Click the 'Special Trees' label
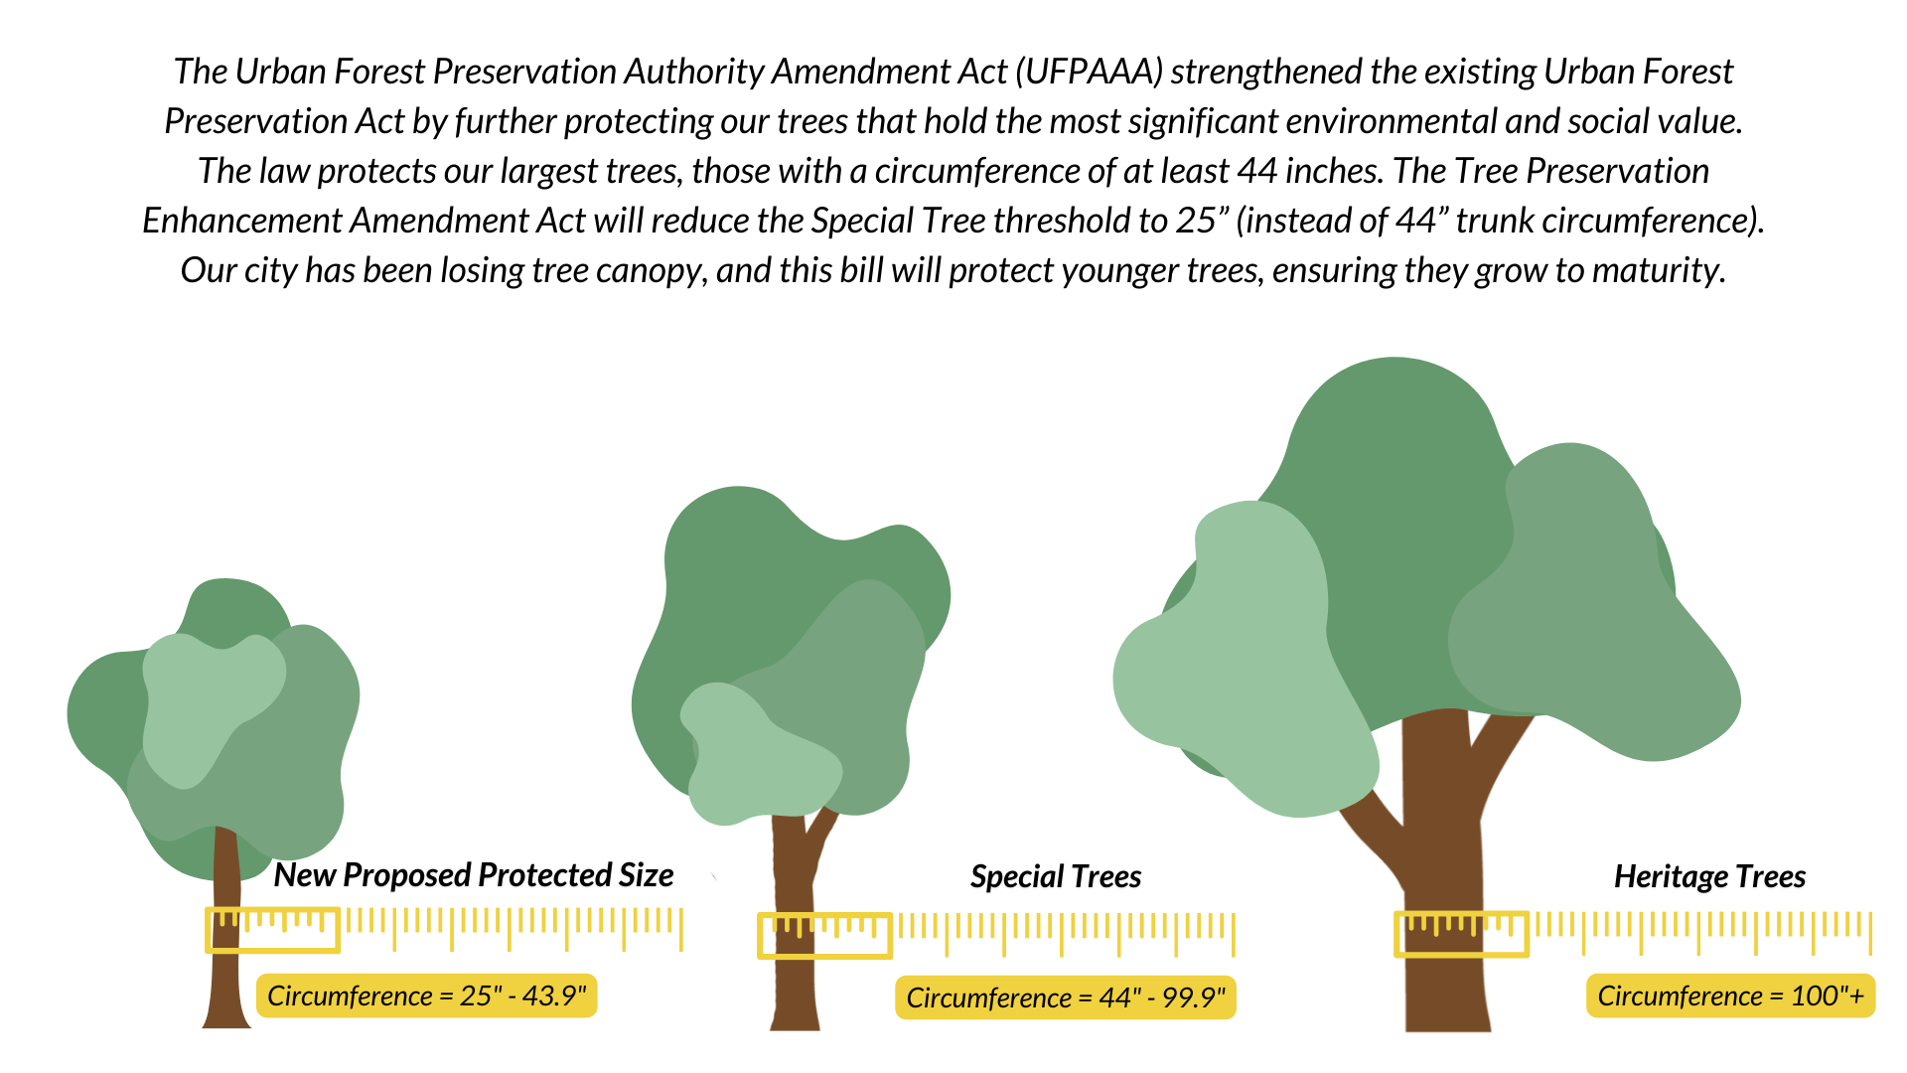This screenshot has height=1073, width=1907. [1056, 877]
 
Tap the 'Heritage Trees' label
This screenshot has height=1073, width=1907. [1709, 877]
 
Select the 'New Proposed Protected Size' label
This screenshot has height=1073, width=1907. [474, 875]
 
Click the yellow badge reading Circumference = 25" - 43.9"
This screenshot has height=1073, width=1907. [427, 996]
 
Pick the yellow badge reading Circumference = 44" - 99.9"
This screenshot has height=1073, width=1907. [1066, 997]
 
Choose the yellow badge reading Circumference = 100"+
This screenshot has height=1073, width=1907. [1730, 996]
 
